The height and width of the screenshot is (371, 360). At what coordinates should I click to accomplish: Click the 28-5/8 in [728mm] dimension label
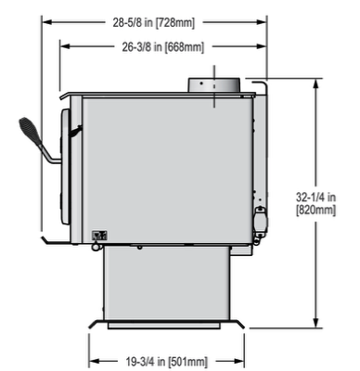point(154,23)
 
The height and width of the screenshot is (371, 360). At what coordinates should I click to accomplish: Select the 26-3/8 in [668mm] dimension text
point(163,47)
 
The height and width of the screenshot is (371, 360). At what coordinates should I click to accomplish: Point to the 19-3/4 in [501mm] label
point(167,361)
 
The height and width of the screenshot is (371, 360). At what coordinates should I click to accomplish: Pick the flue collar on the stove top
point(214,84)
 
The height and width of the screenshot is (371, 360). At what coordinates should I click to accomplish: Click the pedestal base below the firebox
point(167,283)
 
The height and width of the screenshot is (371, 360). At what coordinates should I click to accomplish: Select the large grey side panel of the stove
point(168,170)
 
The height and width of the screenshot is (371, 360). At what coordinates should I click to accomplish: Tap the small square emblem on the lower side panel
point(99,236)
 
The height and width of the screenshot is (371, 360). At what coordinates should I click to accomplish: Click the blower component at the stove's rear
point(261,219)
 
